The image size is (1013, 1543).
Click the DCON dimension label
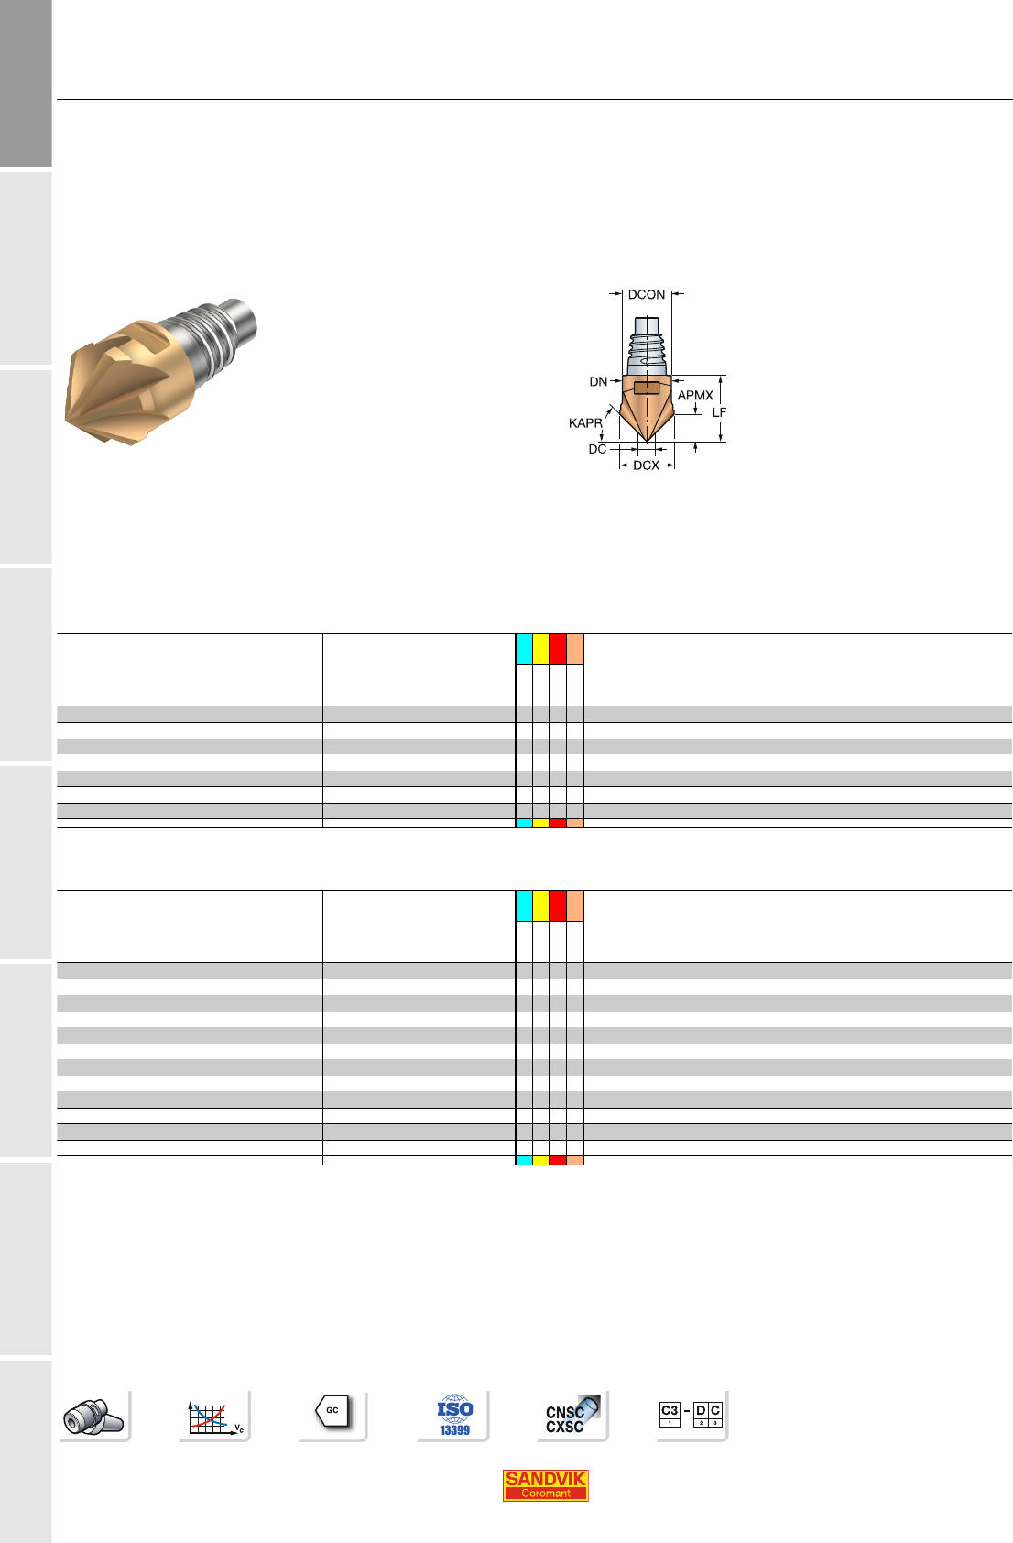click(646, 294)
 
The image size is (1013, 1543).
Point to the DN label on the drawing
click(598, 381)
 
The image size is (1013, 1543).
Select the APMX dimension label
click(695, 396)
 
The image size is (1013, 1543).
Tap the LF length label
click(719, 412)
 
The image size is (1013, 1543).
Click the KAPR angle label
click(585, 423)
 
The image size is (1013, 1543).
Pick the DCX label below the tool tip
click(646, 465)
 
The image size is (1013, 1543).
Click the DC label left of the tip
click(597, 449)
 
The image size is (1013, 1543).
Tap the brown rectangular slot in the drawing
click(647, 388)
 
